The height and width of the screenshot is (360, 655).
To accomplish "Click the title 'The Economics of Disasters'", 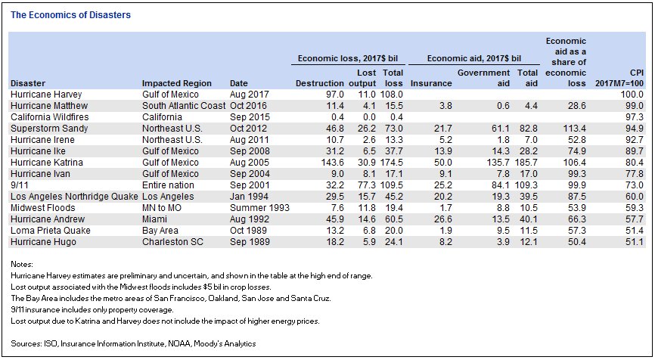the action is coord(70,15).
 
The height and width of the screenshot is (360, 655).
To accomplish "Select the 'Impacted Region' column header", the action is coord(177,83).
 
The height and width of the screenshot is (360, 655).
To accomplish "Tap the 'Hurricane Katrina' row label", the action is coord(47,163).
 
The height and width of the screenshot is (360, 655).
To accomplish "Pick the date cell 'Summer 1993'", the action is coord(259,208).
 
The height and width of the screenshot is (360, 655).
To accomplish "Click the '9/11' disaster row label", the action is coord(19,185).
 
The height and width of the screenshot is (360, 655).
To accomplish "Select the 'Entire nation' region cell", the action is coord(168,185).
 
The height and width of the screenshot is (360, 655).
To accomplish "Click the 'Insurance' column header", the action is coord(431,83).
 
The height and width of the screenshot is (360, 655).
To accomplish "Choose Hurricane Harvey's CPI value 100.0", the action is coord(632,95).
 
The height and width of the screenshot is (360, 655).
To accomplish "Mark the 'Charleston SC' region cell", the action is coord(172,242).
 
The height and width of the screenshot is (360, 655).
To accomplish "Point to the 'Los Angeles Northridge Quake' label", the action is coord(74,197).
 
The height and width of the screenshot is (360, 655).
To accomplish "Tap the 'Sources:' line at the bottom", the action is coord(133,343).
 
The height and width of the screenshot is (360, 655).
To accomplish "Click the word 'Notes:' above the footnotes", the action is coord(22,265).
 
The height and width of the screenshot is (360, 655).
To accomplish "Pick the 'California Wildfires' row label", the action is coord(50,117).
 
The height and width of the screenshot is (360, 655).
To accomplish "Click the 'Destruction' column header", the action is coord(320,83).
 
